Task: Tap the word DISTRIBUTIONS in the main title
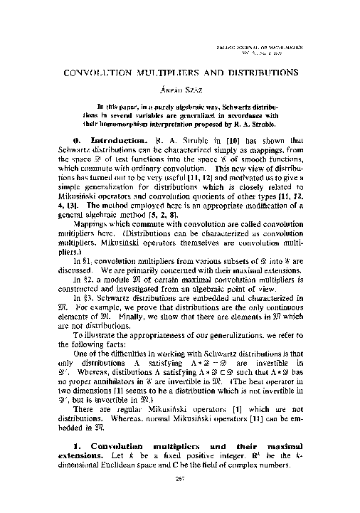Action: coord(255,73)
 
